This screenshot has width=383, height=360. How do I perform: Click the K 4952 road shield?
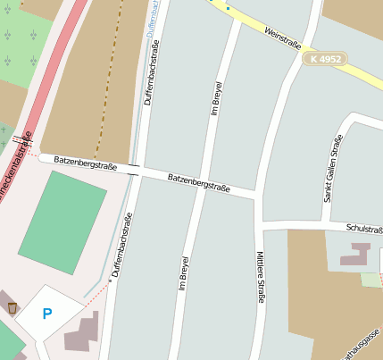[x=324, y=58]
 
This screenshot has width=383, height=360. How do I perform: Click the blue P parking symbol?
[x=47, y=314]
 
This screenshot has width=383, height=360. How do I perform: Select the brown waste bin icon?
[x=12, y=308]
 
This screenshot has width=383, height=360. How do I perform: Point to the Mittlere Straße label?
[x=261, y=277]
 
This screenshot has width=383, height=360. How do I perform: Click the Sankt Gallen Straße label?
[x=333, y=169]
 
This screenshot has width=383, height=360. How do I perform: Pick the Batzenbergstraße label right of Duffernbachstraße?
[x=198, y=182]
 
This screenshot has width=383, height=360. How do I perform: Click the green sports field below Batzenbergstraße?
[x=62, y=222]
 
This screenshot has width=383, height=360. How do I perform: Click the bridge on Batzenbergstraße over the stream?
[x=133, y=169]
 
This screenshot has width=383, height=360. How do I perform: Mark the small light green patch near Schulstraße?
[x=370, y=280]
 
